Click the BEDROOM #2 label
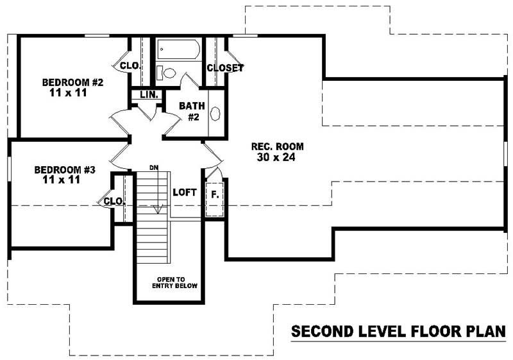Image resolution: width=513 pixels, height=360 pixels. pyautogui.click(x=72, y=82)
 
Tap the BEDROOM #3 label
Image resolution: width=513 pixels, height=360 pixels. pyautogui.click(x=65, y=170)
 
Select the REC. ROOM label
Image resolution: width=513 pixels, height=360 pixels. pyautogui.click(x=277, y=146)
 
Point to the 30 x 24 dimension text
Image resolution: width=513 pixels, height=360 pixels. pyautogui.click(x=277, y=157)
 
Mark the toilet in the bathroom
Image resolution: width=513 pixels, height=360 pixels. pyautogui.click(x=168, y=73)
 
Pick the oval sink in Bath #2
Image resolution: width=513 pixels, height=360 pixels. pyautogui.click(x=216, y=114)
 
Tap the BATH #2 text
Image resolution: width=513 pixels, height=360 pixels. pyautogui.click(x=191, y=110)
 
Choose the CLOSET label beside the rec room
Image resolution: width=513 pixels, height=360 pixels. pyautogui.click(x=225, y=67)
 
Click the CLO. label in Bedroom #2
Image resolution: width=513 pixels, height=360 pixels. pyautogui.click(x=130, y=65)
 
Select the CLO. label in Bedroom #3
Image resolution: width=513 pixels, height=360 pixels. pyautogui.click(x=114, y=201)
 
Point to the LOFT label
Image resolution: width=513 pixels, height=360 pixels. pyautogui.click(x=185, y=192)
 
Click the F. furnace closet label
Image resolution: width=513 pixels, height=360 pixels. pyautogui.click(x=214, y=193)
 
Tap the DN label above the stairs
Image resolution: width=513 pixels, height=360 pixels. pyautogui.click(x=153, y=167)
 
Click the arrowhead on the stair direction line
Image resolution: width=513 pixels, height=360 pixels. pyautogui.click(x=155, y=210)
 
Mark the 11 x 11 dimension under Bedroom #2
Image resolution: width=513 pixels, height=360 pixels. pyautogui.click(x=68, y=92)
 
